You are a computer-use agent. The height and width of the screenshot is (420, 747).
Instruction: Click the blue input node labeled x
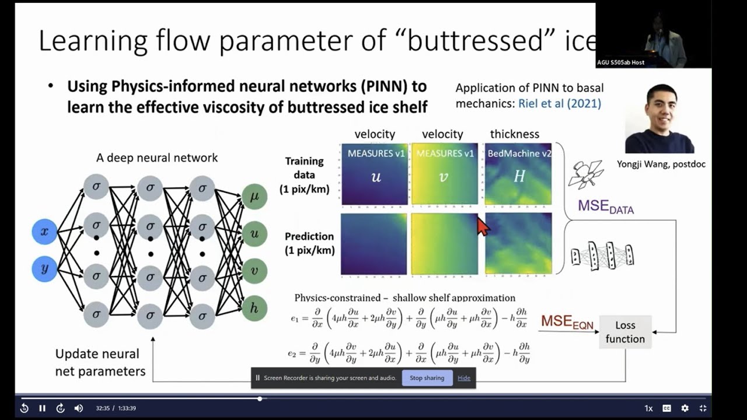point(44,232)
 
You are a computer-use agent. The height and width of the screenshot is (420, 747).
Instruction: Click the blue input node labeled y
point(44,269)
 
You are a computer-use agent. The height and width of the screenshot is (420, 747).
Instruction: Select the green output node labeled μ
point(254,197)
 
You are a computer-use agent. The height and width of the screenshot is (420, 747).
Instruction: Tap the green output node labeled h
point(254,309)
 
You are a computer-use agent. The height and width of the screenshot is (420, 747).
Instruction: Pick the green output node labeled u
point(254,233)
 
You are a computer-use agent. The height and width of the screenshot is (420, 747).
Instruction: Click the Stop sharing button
point(427,378)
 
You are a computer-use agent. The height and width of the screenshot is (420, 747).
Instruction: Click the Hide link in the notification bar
point(464,378)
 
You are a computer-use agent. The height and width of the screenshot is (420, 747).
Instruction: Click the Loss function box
point(625,332)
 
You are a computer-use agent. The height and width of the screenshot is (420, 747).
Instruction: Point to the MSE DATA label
point(605,206)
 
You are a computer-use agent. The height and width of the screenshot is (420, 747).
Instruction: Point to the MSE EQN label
point(567,321)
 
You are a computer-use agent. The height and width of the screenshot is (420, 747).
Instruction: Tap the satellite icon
point(585,174)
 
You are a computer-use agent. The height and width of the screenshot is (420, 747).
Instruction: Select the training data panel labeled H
point(518,174)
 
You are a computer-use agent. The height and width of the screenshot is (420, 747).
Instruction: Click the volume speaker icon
point(79,408)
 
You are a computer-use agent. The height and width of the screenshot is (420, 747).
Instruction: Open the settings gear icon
point(685,408)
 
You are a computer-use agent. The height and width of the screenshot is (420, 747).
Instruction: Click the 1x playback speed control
point(648,408)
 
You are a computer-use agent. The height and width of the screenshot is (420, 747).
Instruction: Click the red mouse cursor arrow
point(483,226)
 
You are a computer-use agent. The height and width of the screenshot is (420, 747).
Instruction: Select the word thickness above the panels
point(514,134)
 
